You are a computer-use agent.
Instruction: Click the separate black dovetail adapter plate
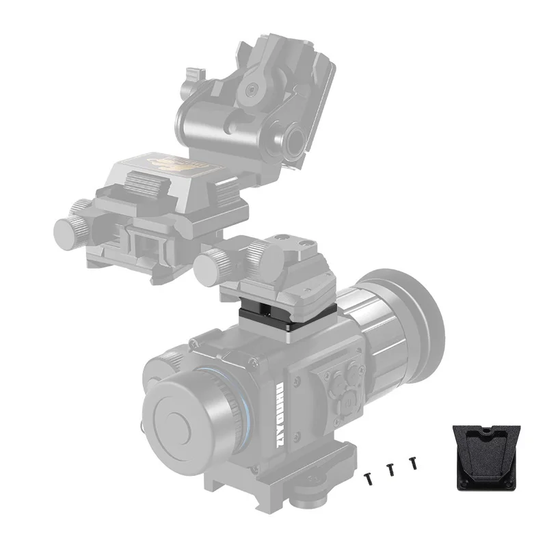(487, 455)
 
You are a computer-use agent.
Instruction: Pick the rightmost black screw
(412, 463)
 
